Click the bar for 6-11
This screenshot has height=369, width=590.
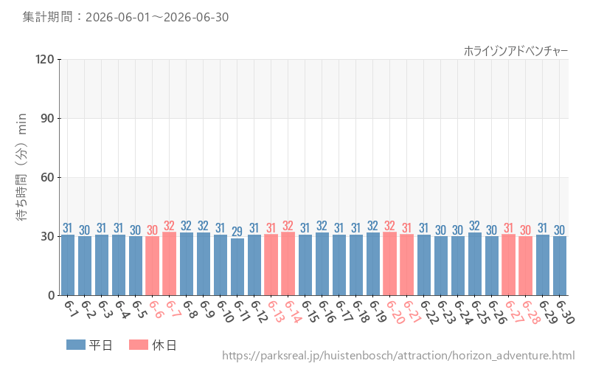coord(237,266)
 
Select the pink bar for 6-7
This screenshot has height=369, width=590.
coord(170,263)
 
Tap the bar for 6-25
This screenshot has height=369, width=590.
coord(474,263)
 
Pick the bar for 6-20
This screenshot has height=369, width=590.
coord(390,263)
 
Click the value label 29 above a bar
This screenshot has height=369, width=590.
coord(237,231)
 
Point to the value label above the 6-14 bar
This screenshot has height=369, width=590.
coord(288,226)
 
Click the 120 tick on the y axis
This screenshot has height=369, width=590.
coord(45,59)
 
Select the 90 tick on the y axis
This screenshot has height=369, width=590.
coord(48,118)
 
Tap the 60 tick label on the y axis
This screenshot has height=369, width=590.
coord(48,177)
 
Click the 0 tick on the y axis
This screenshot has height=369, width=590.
coord(52,295)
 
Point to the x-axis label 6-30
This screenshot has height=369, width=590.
coord(564,312)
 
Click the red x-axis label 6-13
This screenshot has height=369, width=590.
coord(276,311)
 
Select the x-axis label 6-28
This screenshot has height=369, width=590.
coord(530,312)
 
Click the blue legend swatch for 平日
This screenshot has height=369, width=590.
coord(76,345)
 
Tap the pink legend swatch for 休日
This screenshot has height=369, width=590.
coord(139,345)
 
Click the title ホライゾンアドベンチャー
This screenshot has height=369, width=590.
coord(516,51)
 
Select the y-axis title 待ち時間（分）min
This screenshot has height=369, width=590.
coord(21,167)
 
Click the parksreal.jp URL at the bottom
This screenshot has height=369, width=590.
coord(398,356)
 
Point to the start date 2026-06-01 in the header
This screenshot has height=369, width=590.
coord(117,17)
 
